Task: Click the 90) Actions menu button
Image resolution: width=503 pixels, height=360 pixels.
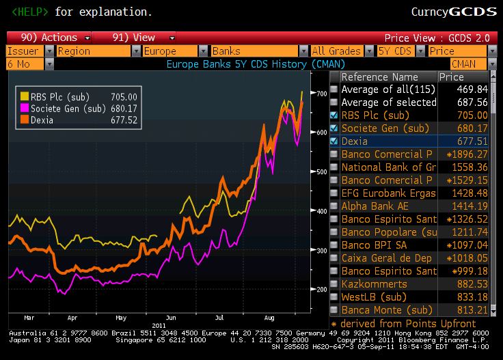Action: (x=48, y=38)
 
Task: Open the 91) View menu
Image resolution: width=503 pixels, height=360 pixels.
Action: (x=133, y=38)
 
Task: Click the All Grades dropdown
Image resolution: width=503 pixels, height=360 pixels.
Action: (x=336, y=51)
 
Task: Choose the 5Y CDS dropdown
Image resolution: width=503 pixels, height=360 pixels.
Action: (x=396, y=51)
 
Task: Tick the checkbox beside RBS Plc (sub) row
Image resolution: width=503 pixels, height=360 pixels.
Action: (x=334, y=115)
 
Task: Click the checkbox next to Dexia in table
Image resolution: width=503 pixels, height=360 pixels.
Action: (x=334, y=141)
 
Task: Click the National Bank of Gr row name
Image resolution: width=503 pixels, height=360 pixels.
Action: (x=388, y=167)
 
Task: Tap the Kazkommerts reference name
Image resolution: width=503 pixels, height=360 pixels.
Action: (x=374, y=284)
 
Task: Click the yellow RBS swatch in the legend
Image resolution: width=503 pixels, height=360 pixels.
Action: (x=25, y=97)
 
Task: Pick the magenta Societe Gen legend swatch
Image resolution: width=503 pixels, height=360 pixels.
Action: (x=25, y=108)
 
